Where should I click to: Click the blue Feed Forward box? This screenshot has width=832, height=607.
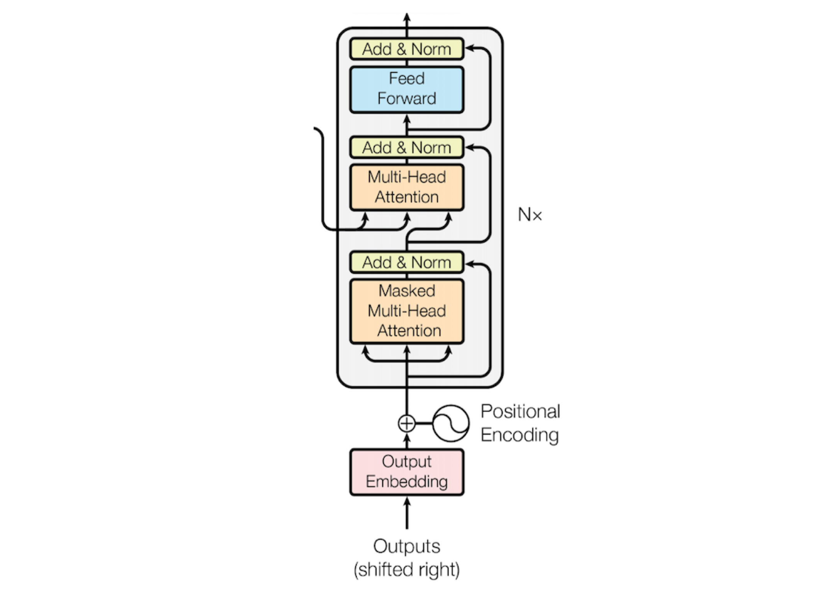click(x=406, y=90)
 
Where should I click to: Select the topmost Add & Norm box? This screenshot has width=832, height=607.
click(x=406, y=49)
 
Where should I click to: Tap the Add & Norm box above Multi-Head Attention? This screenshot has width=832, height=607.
click(x=406, y=148)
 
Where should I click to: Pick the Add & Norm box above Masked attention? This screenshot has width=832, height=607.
click(x=406, y=263)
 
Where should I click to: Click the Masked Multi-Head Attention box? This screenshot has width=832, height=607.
click(x=406, y=311)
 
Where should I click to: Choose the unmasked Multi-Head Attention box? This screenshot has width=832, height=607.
click(x=406, y=188)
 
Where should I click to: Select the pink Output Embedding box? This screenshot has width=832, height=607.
click(x=406, y=472)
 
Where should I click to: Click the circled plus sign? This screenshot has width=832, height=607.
click(x=406, y=424)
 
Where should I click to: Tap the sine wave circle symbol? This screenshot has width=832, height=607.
click(x=450, y=423)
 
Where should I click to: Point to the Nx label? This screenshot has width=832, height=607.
click(x=530, y=215)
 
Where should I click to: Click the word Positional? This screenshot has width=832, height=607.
click(x=520, y=411)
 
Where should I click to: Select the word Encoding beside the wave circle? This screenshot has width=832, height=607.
click(x=520, y=435)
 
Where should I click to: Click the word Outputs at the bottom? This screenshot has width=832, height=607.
click(x=406, y=546)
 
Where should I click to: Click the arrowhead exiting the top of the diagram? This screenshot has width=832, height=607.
click(x=407, y=17)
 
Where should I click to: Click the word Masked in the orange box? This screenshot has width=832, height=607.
click(x=407, y=291)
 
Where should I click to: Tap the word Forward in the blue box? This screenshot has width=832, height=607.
click(x=407, y=99)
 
